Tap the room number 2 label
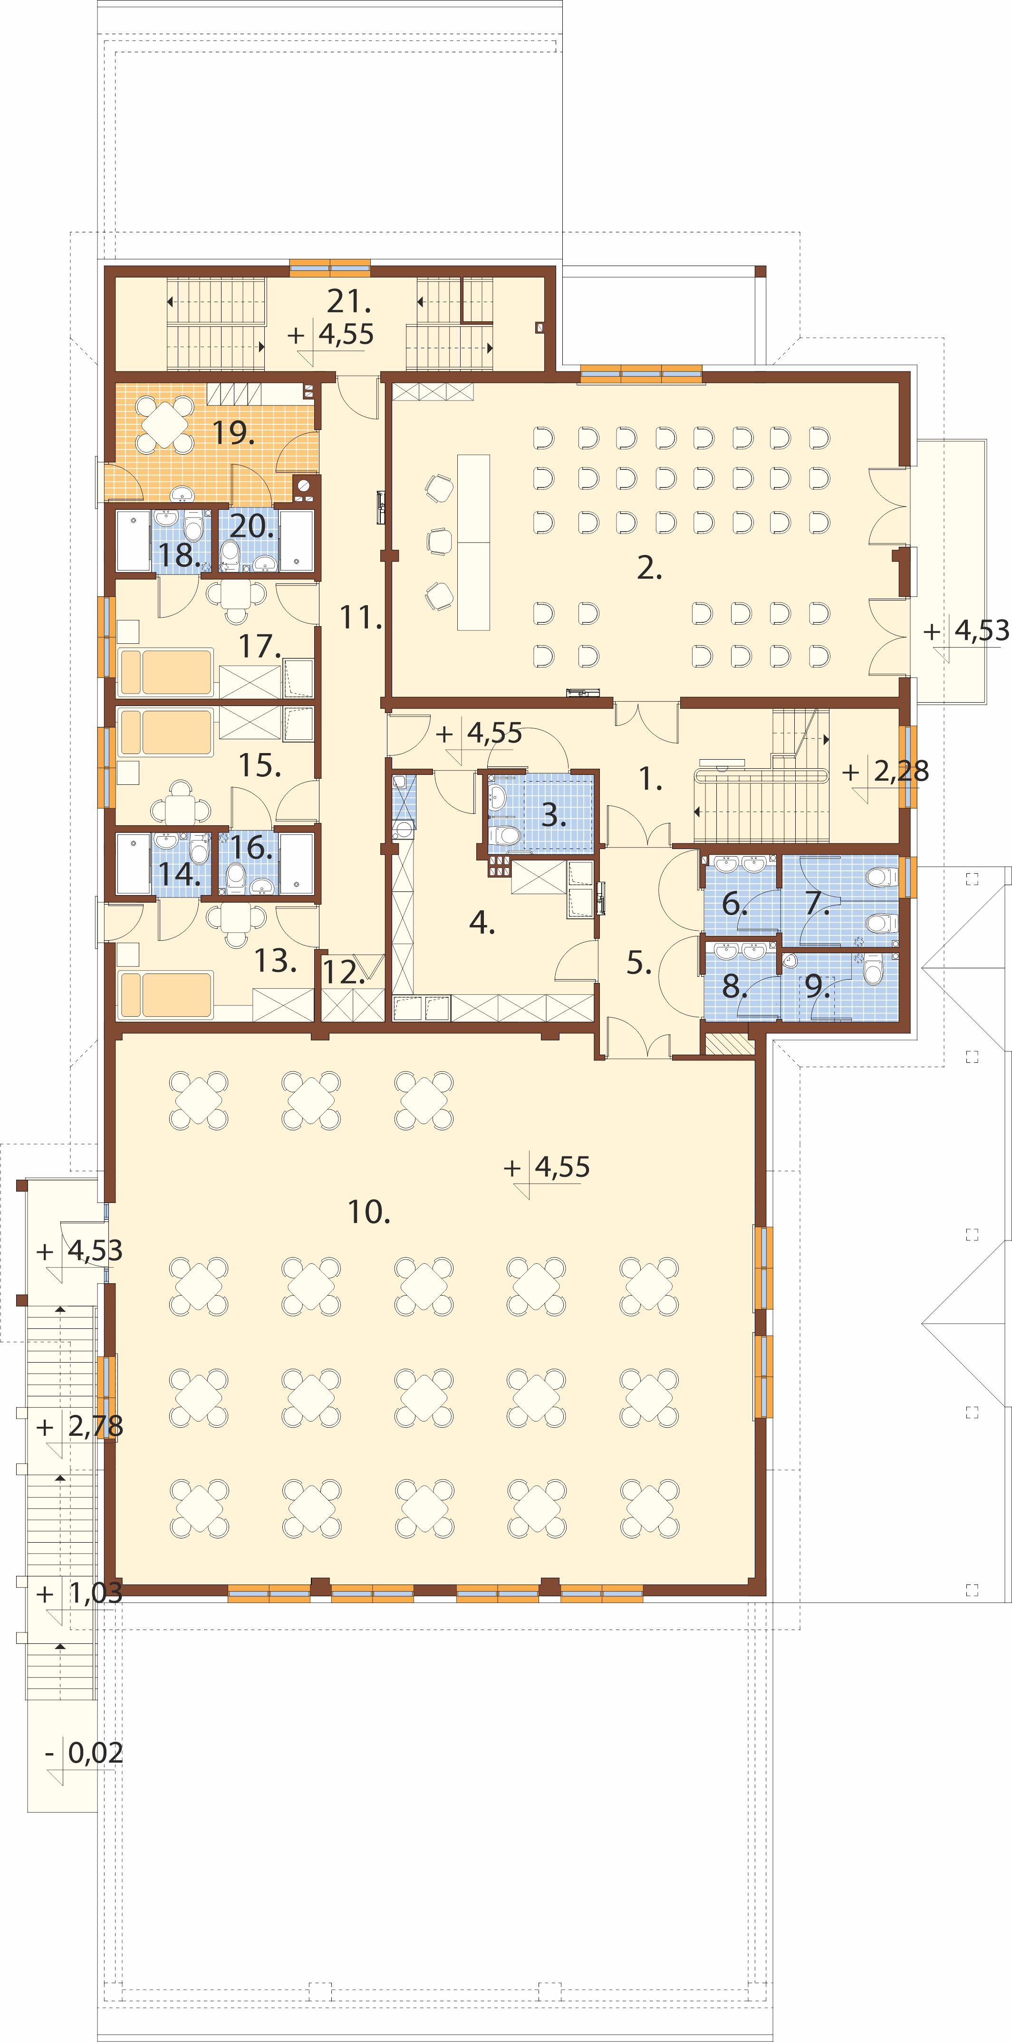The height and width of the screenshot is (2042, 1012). tap(649, 568)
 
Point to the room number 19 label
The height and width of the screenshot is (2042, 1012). tap(233, 433)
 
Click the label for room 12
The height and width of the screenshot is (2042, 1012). tap(343, 972)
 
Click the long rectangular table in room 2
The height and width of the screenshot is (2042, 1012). tap(473, 542)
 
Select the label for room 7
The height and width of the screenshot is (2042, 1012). tap(818, 902)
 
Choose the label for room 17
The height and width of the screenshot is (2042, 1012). tap(260, 646)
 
